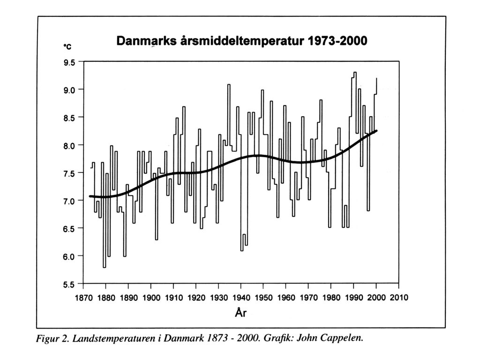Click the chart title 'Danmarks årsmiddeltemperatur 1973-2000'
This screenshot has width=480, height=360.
241,40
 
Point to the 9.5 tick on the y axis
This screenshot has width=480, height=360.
69,63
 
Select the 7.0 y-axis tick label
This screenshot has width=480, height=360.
69,201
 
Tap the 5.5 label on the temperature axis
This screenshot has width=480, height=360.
69,285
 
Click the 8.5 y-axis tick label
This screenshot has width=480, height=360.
69,118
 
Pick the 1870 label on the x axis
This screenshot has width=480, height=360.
83,297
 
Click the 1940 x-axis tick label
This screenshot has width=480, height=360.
241,297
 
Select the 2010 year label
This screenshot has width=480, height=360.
399,297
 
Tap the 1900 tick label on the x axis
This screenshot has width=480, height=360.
151,297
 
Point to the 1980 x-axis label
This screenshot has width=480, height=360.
331,297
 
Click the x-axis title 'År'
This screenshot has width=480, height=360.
240,312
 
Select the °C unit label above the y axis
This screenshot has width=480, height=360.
67,46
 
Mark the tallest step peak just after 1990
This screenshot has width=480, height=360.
355,72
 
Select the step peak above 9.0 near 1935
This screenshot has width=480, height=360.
229,84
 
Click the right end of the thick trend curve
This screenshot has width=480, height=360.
376,131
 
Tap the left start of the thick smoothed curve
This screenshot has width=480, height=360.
90,196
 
